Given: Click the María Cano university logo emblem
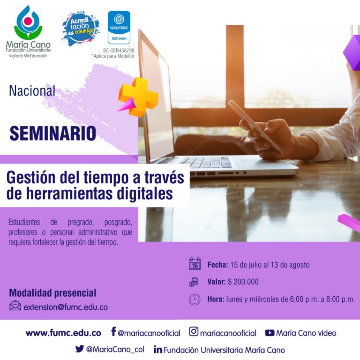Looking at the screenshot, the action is [x=28, y=22].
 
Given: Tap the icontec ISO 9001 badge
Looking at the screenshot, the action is [x=119, y=27].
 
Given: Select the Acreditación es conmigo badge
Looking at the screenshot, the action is [x=81, y=28].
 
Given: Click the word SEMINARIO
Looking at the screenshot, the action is [x=53, y=133].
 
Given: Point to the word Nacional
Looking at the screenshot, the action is [x=32, y=90].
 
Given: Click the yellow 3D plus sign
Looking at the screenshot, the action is [x=139, y=97].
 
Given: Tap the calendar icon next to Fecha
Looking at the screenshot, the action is [x=195, y=263].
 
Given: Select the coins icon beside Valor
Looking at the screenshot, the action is [x=193, y=282].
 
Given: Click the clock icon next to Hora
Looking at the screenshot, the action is [x=195, y=300].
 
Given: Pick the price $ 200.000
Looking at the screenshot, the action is [x=243, y=282].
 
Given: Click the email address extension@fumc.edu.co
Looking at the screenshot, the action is [x=66, y=307].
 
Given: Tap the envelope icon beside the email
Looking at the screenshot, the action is [x=15, y=306].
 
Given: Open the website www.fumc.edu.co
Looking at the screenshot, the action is [x=63, y=333].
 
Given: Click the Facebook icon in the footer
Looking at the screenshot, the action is [x=113, y=331].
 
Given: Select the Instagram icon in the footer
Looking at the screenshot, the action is [x=194, y=331].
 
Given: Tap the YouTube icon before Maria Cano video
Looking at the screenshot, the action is [x=270, y=333].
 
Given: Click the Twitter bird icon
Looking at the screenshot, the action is [x=79, y=349].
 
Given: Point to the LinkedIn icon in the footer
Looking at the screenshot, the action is [x=158, y=349].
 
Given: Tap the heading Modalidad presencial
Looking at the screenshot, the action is [x=52, y=293].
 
